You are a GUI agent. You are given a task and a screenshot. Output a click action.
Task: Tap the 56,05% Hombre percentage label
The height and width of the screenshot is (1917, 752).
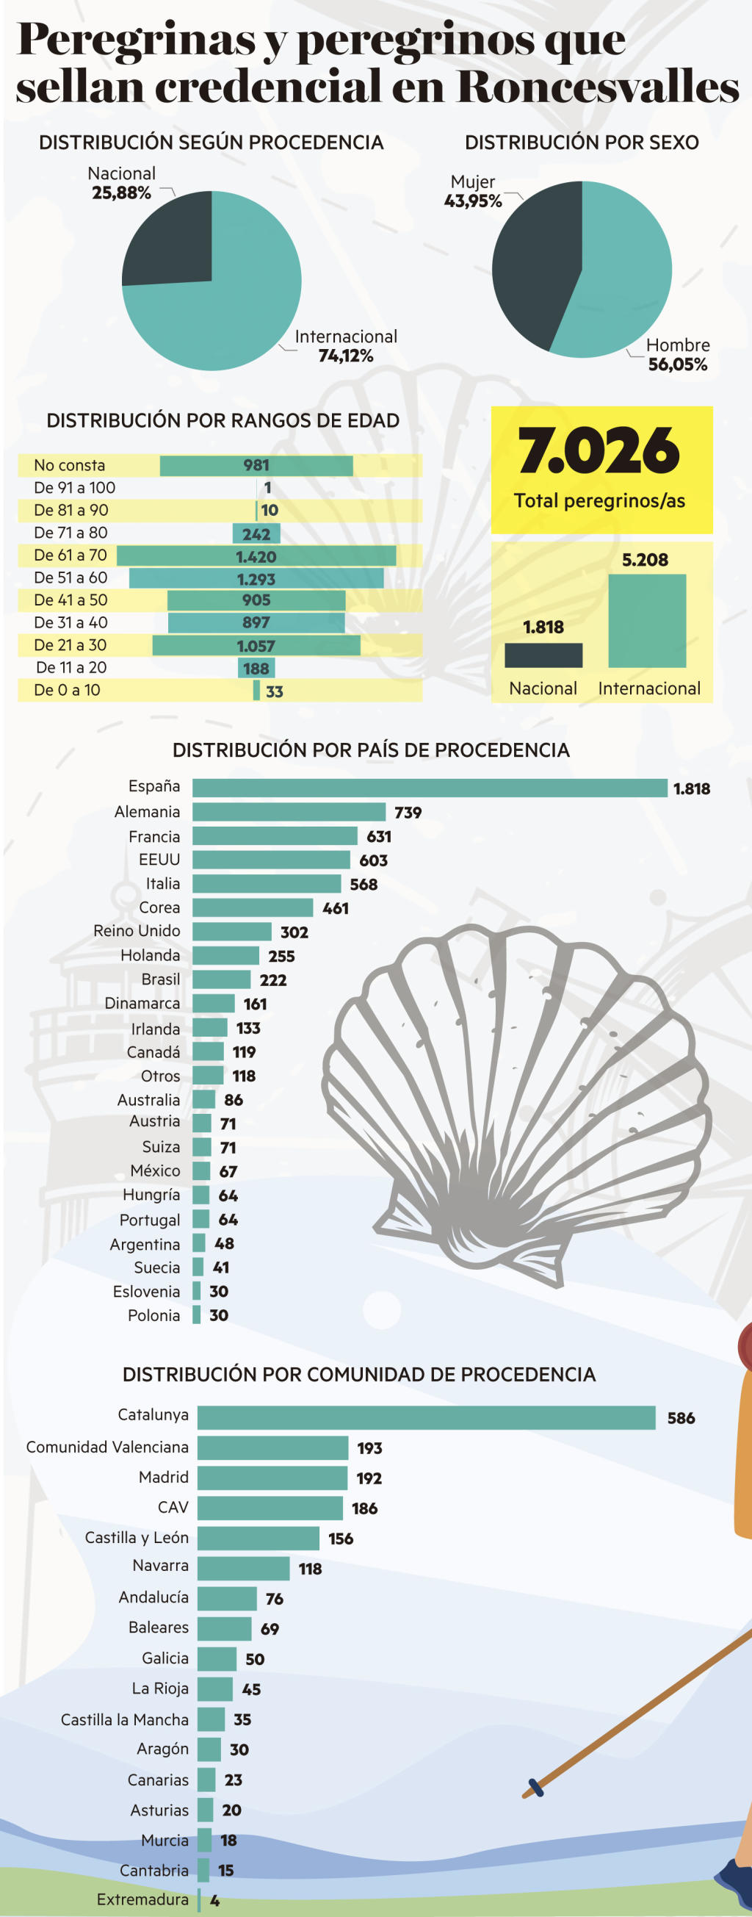click(678, 364)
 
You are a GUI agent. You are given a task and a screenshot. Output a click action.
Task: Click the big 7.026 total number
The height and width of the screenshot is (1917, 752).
click(599, 451)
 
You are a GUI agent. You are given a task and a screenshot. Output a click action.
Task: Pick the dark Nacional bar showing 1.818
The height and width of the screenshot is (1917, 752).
click(543, 655)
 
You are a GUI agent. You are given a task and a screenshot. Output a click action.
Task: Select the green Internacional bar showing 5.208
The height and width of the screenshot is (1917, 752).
click(646, 621)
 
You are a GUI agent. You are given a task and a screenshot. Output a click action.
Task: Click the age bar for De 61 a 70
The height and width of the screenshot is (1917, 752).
click(256, 556)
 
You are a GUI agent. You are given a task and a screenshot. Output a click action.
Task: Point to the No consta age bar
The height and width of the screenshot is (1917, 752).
click(256, 466)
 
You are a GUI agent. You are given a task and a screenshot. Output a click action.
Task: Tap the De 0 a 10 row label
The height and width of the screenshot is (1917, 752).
click(67, 690)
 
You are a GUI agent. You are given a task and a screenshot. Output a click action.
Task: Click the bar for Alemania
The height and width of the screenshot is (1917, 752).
click(289, 811)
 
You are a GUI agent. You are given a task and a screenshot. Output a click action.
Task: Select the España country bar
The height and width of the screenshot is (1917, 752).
click(429, 788)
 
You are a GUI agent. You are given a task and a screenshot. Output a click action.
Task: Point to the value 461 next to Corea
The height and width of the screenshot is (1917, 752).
click(336, 908)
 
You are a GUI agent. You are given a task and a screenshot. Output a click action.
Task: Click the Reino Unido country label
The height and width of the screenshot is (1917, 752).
click(137, 931)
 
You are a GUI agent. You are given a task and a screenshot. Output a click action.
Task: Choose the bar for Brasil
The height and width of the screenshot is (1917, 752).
click(221, 979)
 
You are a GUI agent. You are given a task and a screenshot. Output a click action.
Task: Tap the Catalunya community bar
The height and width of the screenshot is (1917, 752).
click(426, 1417)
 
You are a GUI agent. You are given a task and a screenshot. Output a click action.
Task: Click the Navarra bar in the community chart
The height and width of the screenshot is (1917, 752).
click(243, 1568)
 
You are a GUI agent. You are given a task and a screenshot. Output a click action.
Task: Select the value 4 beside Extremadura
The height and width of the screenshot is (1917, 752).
click(215, 1900)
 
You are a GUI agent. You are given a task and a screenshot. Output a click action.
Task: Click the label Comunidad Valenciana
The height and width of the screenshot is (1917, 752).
click(107, 1447)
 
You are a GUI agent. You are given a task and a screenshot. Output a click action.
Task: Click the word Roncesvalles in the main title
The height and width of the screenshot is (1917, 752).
click(597, 86)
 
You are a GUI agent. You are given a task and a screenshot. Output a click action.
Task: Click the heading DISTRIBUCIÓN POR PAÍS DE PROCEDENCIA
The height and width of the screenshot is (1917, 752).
click(371, 750)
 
